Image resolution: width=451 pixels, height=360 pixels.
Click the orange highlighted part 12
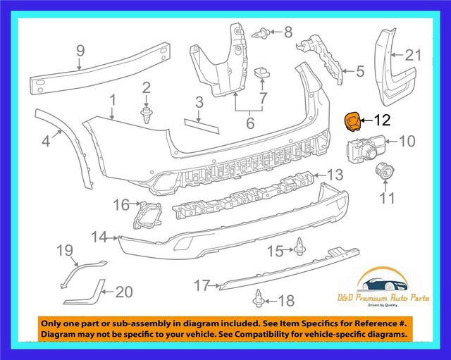[x=350, y=122]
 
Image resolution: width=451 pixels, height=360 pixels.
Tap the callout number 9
[x=80, y=50]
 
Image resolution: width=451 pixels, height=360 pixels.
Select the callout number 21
[x=412, y=56]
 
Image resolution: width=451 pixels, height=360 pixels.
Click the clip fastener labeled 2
[x=147, y=116]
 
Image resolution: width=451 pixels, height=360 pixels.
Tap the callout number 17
[x=202, y=285]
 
